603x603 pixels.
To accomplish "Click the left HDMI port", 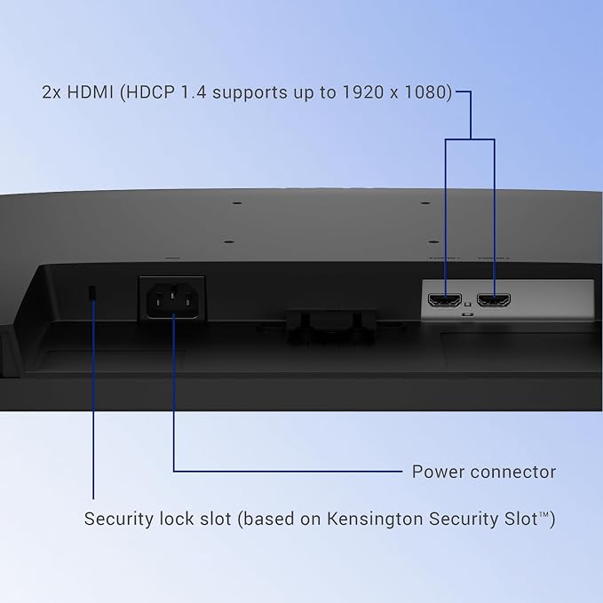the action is coord(445,299).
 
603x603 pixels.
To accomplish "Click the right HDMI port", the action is coord(494,299).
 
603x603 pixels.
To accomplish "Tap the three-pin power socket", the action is coord(172,300).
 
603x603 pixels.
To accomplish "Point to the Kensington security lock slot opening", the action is coord(91,293).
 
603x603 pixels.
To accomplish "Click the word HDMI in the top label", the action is coord(91,92).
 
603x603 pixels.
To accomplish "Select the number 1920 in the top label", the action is coord(363,92).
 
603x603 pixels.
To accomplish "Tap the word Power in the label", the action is coord(438,472).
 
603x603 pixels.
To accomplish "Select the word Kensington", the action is coord(375,519).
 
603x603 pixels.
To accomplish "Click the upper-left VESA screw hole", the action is coord(237,202).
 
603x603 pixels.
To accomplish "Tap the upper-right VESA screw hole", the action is coord(425,202).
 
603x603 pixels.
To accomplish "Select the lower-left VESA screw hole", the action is coord(229,242).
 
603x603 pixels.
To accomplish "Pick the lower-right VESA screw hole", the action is coord(433,242).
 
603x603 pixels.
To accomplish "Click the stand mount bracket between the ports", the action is coord(331,324).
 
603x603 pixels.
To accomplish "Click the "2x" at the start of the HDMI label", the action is coord(52,92).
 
